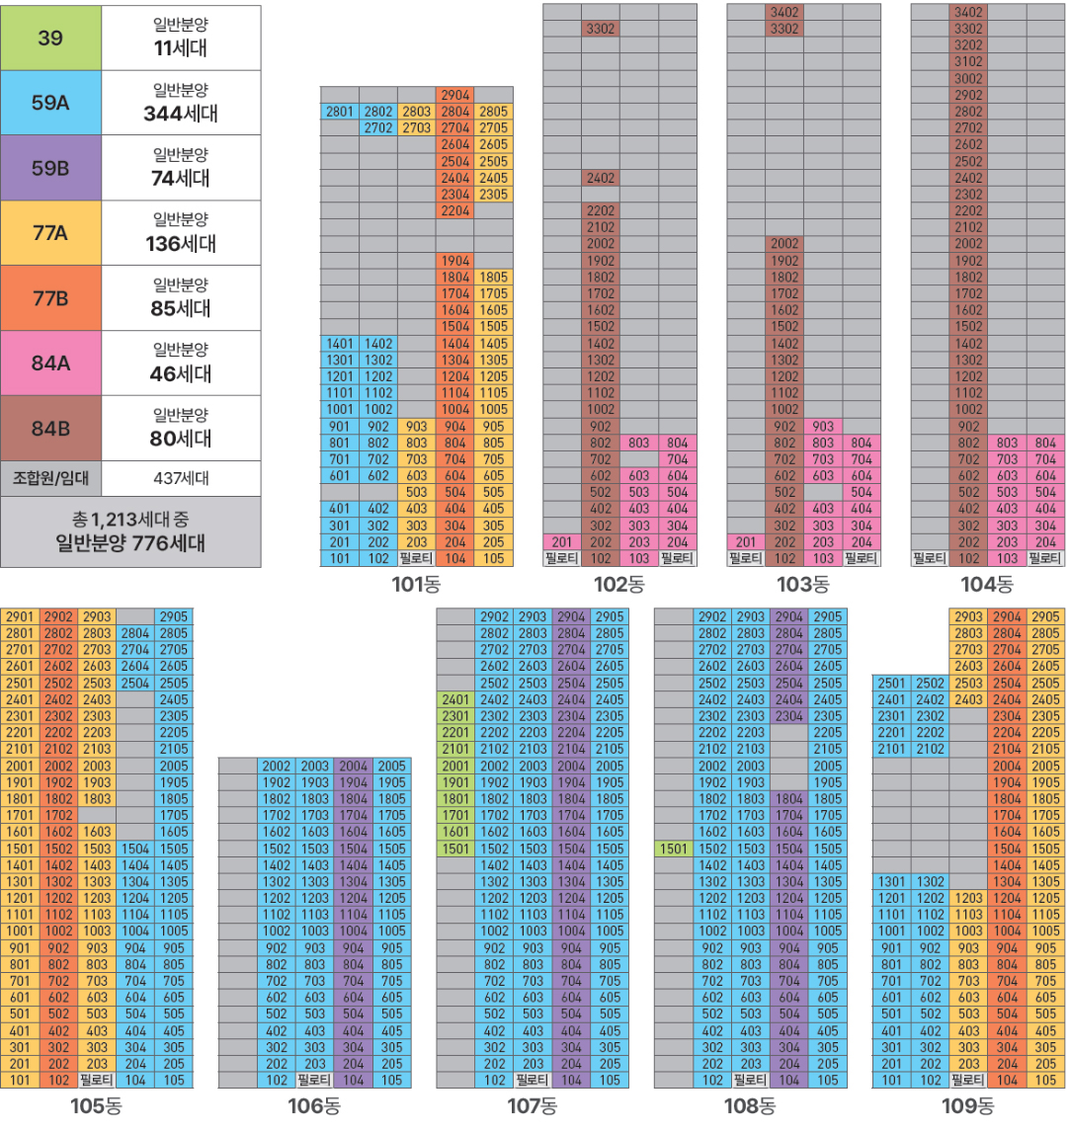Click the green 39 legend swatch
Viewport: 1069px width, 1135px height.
point(50,38)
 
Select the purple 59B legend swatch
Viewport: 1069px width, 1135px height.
point(50,168)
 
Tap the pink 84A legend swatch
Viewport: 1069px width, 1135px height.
point(50,363)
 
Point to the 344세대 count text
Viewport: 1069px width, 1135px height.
point(181,113)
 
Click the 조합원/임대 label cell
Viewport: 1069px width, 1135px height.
point(50,478)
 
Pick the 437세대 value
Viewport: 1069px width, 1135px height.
point(181,478)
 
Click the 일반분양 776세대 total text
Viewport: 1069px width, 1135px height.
point(130,542)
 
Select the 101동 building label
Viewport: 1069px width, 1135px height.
point(416,584)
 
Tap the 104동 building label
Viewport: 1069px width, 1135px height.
point(987,584)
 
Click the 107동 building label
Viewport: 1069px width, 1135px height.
point(532,1105)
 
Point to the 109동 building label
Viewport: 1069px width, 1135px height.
point(967,1105)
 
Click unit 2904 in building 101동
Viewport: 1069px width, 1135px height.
point(455,95)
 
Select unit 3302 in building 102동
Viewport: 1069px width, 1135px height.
point(601,29)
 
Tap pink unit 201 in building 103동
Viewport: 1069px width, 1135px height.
point(746,541)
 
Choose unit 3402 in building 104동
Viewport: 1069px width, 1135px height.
point(968,12)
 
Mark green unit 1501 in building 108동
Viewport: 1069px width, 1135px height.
point(674,849)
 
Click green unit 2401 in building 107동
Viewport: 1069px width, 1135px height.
point(455,699)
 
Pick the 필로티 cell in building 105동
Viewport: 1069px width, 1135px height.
point(97,1080)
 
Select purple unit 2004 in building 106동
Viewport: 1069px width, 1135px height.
point(354,766)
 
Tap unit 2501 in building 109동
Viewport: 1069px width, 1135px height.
point(891,683)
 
